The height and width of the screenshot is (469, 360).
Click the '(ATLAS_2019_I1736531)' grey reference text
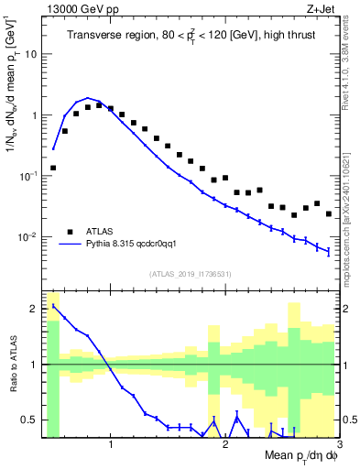click(x=191, y=274)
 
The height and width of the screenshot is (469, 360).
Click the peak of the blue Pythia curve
click(x=88, y=98)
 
